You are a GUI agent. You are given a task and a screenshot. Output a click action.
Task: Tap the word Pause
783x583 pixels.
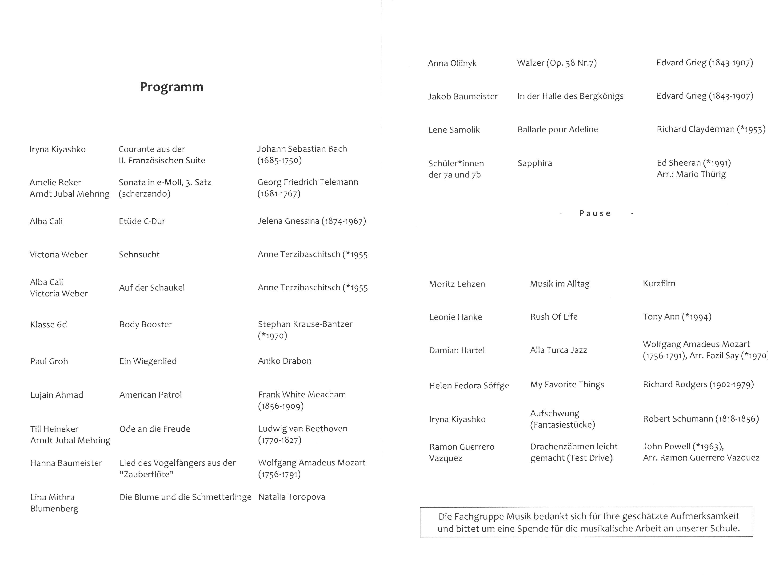(595, 213)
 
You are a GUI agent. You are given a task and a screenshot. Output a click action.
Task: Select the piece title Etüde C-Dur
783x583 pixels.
(142, 221)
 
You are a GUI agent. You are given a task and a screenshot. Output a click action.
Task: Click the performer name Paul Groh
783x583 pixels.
(49, 361)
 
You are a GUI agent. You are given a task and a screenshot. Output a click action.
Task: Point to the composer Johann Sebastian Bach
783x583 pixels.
(302, 149)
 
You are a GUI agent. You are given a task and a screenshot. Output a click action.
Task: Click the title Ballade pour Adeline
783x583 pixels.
(558, 130)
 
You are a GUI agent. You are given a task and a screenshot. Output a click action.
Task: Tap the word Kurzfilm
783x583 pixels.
(659, 283)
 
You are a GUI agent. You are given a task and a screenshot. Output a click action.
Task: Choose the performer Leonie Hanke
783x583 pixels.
(455, 317)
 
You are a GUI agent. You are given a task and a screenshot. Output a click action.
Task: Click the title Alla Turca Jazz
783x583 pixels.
(558, 350)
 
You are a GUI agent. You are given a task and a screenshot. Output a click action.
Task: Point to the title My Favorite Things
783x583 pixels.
(567, 384)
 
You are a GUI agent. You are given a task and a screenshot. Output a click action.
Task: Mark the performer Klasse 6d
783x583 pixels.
(49, 324)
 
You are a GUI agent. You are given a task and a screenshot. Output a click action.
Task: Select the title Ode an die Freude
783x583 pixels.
(155, 429)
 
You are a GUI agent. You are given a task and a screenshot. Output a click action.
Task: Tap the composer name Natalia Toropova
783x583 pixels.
(292, 497)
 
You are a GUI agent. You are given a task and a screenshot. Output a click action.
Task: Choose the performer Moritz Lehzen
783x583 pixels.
(457, 284)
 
